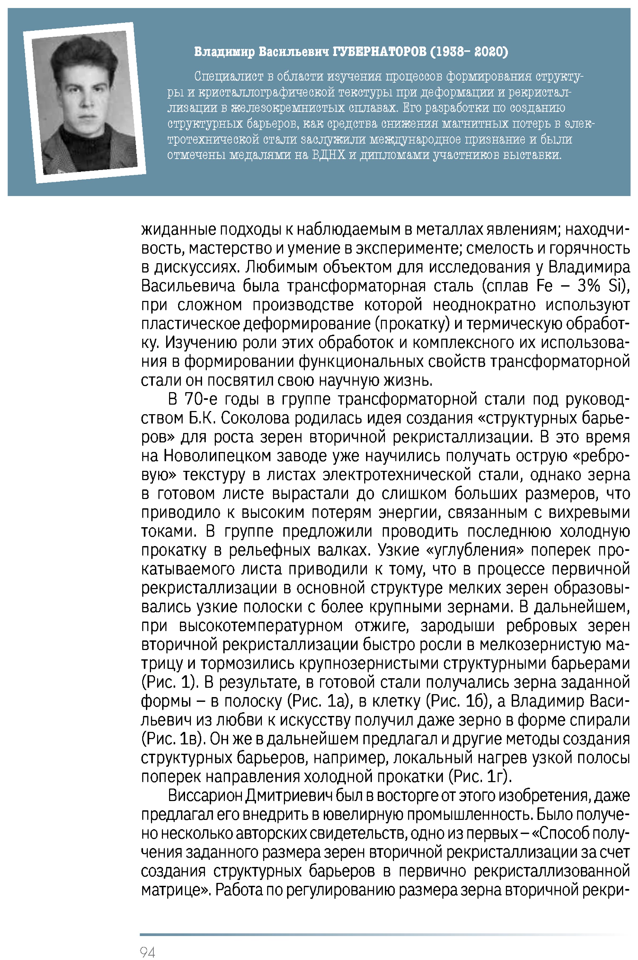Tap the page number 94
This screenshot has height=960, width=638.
[x=147, y=952]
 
